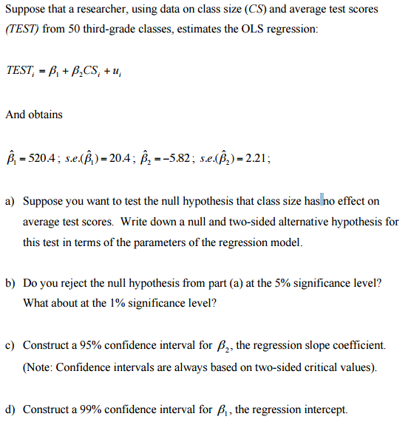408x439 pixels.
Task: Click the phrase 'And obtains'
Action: click(34, 115)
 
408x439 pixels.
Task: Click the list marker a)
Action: click(10, 201)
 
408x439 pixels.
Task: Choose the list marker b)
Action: click(10, 283)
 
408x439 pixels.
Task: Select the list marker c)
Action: click(10, 345)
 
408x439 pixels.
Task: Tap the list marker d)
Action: click(10, 409)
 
